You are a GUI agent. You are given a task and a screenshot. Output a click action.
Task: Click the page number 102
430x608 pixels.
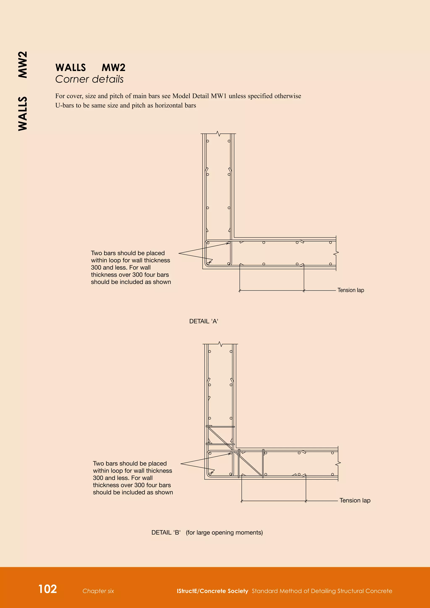click(48, 589)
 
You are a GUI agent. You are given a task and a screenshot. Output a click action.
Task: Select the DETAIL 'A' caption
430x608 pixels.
click(204, 321)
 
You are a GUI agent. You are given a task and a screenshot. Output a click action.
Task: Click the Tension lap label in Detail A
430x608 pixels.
click(351, 290)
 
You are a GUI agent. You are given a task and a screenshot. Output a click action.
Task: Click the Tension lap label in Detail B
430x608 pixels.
click(355, 500)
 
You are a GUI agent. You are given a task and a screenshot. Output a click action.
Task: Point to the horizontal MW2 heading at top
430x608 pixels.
click(113, 68)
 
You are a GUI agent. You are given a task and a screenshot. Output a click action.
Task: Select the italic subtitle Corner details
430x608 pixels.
click(89, 79)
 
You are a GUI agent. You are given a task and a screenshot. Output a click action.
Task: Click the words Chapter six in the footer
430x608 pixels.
click(98, 591)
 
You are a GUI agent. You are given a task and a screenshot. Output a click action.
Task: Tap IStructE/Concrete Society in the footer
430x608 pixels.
click(212, 591)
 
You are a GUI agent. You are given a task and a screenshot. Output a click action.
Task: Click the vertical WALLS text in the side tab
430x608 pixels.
click(23, 114)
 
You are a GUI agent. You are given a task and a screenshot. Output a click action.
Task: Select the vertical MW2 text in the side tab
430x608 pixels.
click(23, 65)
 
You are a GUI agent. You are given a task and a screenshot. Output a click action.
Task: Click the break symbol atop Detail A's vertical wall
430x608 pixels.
click(218, 134)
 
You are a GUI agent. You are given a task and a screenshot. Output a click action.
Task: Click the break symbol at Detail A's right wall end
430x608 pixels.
click(336, 253)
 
